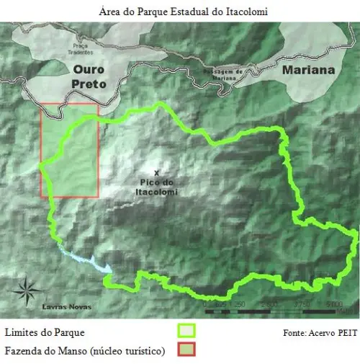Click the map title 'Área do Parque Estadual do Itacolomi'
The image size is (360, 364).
180,12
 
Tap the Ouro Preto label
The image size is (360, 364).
89,77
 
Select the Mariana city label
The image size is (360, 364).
308,71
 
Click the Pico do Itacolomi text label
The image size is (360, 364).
156,187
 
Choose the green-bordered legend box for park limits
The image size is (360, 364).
186,332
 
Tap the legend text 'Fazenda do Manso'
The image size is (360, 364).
45,351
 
